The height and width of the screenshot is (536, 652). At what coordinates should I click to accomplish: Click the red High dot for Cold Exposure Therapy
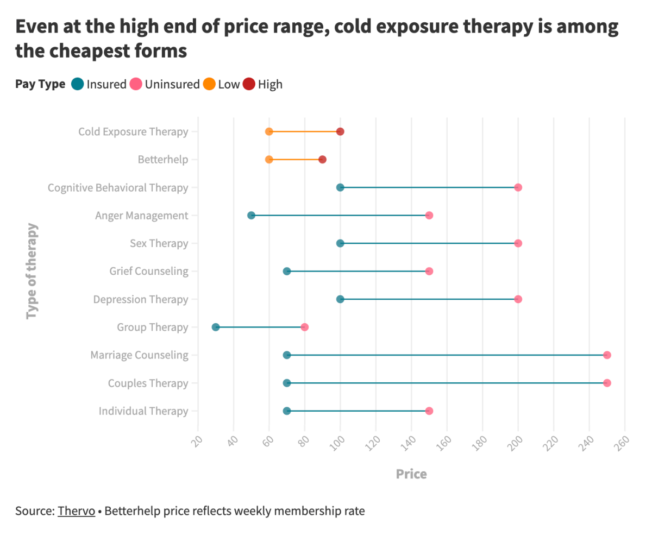[x=340, y=131]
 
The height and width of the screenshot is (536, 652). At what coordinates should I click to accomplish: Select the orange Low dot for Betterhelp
[x=269, y=160]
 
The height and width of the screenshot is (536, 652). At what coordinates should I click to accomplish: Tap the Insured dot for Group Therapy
[x=216, y=327]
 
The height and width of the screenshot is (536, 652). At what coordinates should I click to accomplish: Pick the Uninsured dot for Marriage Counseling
[x=607, y=355]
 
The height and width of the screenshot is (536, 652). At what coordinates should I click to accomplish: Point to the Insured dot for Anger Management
[x=251, y=216]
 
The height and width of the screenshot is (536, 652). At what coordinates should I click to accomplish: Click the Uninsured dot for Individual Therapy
[x=429, y=411]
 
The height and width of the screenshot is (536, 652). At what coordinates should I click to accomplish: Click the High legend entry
[x=262, y=84]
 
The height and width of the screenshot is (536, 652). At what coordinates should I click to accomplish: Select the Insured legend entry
[x=99, y=84]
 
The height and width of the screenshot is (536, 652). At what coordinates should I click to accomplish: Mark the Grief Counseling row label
[x=148, y=271]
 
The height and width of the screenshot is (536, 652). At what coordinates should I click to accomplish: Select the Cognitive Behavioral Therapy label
[x=118, y=188]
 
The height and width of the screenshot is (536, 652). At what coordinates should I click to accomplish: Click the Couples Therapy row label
[x=148, y=383]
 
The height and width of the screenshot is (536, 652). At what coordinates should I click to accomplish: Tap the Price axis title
[x=411, y=474]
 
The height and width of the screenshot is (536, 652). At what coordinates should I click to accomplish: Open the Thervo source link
[x=76, y=511]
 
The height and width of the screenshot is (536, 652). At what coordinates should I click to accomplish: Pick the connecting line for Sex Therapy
[x=429, y=243]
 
